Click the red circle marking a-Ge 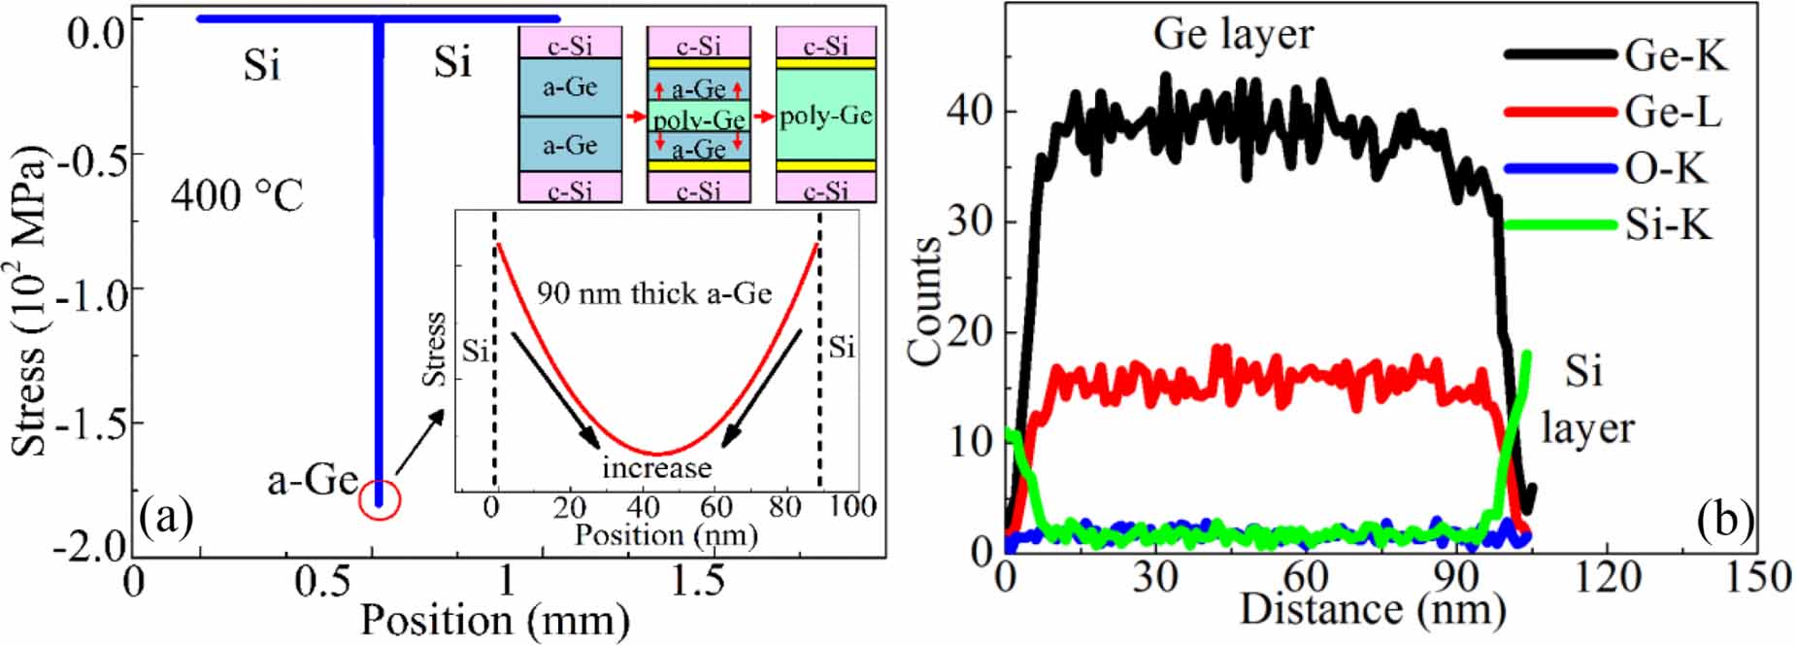[x=380, y=500]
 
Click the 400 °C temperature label [x=238, y=195]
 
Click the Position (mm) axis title [x=495, y=620]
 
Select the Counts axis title [x=925, y=301]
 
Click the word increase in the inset [x=657, y=468]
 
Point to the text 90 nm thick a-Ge [x=654, y=292]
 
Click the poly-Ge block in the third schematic [x=826, y=116]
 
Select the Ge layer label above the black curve [x=1233, y=34]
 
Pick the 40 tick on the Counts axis [x=971, y=110]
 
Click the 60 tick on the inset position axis [x=715, y=506]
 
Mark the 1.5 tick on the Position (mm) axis [x=698, y=580]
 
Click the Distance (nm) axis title [x=1373, y=609]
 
